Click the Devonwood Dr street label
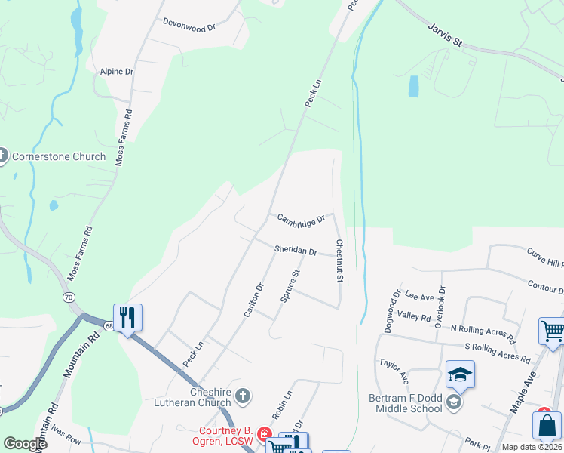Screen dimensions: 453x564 point(189,23)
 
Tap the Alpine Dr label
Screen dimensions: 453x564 point(117,71)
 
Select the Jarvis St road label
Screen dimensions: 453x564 point(444,35)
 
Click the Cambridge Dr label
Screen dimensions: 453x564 point(300,220)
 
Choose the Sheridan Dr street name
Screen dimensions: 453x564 point(296,249)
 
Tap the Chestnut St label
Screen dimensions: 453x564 point(340,261)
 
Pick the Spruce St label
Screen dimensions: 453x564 point(290,286)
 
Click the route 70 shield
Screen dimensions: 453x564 point(69,297)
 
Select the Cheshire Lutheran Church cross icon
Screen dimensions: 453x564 point(242,395)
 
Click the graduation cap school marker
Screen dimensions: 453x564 point(460,374)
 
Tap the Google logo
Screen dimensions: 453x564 point(25,443)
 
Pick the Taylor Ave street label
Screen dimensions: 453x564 point(394,369)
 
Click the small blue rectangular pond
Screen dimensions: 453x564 point(413,86)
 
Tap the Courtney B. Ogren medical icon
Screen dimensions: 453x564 point(264,433)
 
